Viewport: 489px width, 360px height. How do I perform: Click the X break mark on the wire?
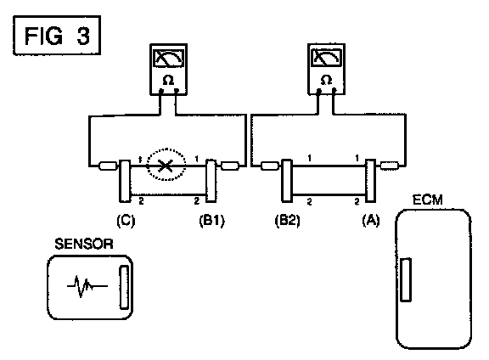(x=166, y=166)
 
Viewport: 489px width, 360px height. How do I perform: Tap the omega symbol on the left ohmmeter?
(x=168, y=81)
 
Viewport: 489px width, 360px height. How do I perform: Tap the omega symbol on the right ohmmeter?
(x=326, y=80)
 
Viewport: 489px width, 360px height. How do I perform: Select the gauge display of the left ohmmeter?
(x=168, y=58)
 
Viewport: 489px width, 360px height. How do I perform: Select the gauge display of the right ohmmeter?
(x=326, y=58)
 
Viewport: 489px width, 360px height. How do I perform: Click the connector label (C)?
(x=126, y=221)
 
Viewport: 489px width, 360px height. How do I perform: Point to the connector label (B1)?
(x=211, y=221)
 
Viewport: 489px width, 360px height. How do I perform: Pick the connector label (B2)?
(x=287, y=221)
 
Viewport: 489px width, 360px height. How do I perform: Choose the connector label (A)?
(x=371, y=220)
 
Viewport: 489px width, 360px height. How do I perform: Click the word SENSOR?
(x=84, y=244)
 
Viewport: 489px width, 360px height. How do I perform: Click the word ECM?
(x=428, y=200)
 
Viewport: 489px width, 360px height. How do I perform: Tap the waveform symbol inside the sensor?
(x=87, y=286)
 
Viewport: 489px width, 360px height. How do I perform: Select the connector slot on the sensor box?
(x=124, y=287)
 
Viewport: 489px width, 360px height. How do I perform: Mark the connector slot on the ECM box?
(x=406, y=279)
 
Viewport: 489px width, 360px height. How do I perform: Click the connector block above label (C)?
(x=125, y=181)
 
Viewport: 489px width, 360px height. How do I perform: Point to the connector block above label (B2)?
(x=287, y=180)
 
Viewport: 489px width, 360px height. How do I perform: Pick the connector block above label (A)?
(x=370, y=180)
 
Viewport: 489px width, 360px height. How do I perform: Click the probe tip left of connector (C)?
(x=108, y=166)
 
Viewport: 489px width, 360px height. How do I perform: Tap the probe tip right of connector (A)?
(x=390, y=166)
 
